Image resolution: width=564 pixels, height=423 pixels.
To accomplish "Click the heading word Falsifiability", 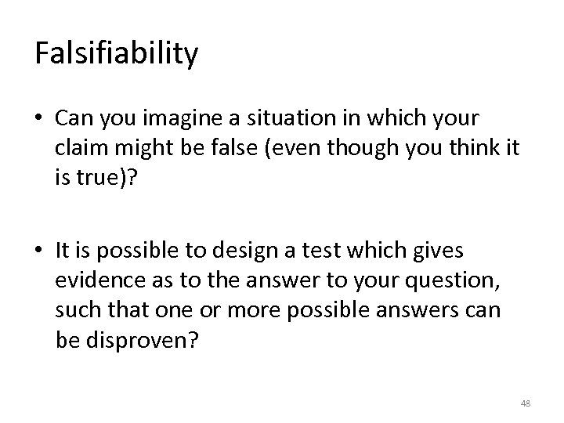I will [116, 53].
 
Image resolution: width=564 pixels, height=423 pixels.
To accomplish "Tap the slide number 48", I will [526, 403].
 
